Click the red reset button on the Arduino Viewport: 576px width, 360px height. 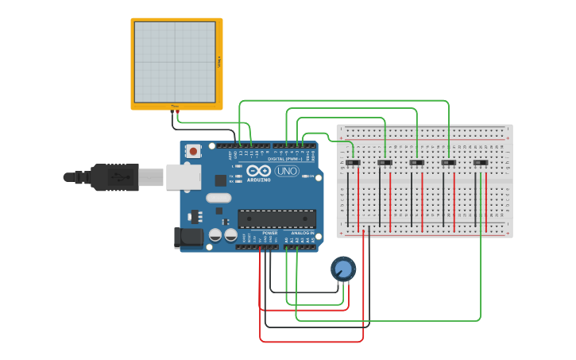[192, 150]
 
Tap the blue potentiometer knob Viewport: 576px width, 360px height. [343, 269]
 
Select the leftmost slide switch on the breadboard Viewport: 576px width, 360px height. [353, 163]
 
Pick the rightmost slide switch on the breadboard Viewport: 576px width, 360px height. [480, 163]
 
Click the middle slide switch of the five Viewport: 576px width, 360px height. [416, 163]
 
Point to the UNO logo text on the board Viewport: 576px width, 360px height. [287, 171]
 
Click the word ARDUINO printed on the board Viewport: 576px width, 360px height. [259, 180]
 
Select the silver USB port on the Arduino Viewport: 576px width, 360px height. [183, 176]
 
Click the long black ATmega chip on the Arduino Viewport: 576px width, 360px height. [276, 219]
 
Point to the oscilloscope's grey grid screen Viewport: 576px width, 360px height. [175, 62]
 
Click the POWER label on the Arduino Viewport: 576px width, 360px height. [269, 233]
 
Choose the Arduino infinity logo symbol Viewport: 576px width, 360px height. [259, 170]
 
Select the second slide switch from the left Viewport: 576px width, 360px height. [385, 163]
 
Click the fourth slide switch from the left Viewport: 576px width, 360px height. [448, 163]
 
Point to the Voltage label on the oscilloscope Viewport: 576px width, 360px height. [218, 62]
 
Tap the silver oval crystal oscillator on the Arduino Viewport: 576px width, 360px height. [218, 198]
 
